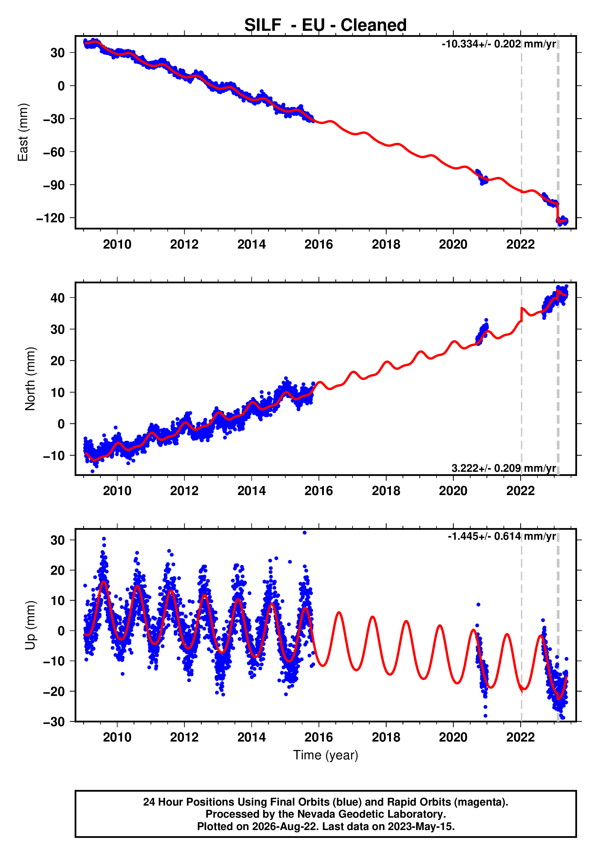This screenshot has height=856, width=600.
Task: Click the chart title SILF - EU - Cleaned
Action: (x=325, y=25)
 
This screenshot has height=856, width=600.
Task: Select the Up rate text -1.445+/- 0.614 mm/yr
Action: (x=502, y=536)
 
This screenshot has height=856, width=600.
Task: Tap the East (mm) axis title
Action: (x=23, y=132)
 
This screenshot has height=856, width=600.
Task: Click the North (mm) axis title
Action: (x=30, y=379)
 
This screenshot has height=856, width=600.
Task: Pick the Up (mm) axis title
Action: (x=30, y=625)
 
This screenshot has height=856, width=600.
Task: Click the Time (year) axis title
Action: (x=326, y=755)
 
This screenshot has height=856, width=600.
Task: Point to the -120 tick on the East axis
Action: (x=50, y=218)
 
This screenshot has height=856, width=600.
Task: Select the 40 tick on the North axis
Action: (x=57, y=298)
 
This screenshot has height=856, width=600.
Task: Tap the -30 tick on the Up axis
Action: (x=54, y=722)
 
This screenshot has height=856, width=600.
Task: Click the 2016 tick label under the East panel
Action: (x=319, y=245)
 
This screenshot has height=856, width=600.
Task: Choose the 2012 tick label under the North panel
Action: (x=184, y=491)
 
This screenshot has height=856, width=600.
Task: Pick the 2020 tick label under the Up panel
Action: (x=453, y=737)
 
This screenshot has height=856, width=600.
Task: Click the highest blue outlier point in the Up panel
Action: (x=305, y=533)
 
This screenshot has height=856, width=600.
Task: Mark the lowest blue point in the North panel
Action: (x=92, y=471)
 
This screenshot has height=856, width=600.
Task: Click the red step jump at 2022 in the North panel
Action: (x=521, y=314)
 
